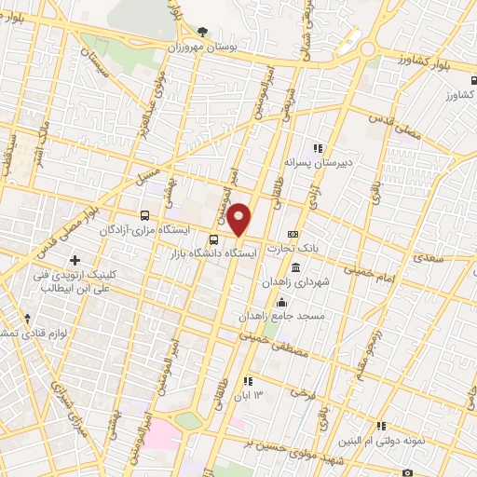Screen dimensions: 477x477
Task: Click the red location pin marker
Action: tap(239, 219)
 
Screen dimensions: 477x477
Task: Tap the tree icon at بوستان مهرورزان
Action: tap(203, 32)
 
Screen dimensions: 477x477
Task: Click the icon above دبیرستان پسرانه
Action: tap(318, 147)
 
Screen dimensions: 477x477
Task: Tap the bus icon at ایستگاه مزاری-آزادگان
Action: tap(143, 215)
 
